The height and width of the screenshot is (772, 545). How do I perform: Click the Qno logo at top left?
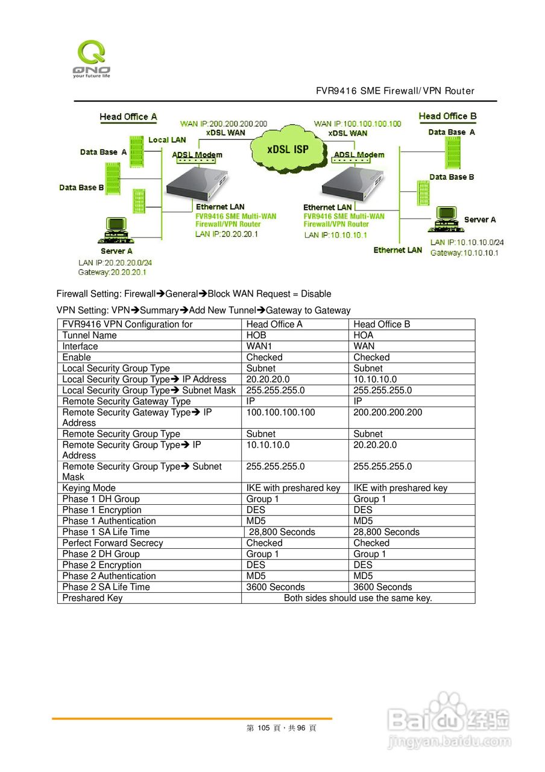pyautogui.click(x=92, y=59)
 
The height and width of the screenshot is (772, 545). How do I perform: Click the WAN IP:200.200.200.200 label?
pyautogui.click(x=224, y=124)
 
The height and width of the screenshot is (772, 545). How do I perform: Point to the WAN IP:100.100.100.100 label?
pyautogui.click(x=358, y=124)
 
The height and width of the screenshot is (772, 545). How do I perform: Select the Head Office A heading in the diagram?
pyautogui.click(x=128, y=116)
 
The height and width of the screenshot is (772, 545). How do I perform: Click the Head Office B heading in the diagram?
pyautogui.click(x=447, y=116)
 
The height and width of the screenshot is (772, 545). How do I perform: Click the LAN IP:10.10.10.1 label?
pyautogui.click(x=335, y=235)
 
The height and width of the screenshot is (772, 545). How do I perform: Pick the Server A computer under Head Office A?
pyautogui.click(x=115, y=230)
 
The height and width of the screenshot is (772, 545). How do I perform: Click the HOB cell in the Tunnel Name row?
pyautogui.click(x=256, y=335)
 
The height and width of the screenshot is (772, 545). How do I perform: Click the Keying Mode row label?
pyautogui.click(x=89, y=488)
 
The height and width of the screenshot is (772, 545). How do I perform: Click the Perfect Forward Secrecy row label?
pyautogui.click(x=112, y=543)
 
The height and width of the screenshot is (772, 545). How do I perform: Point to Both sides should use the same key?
pyautogui.click(x=358, y=598)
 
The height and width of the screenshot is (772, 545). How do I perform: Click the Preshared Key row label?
pyautogui.click(x=92, y=598)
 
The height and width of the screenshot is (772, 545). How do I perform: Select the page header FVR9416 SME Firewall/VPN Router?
pyautogui.click(x=395, y=91)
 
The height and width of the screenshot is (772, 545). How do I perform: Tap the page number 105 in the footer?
pyautogui.click(x=262, y=728)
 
